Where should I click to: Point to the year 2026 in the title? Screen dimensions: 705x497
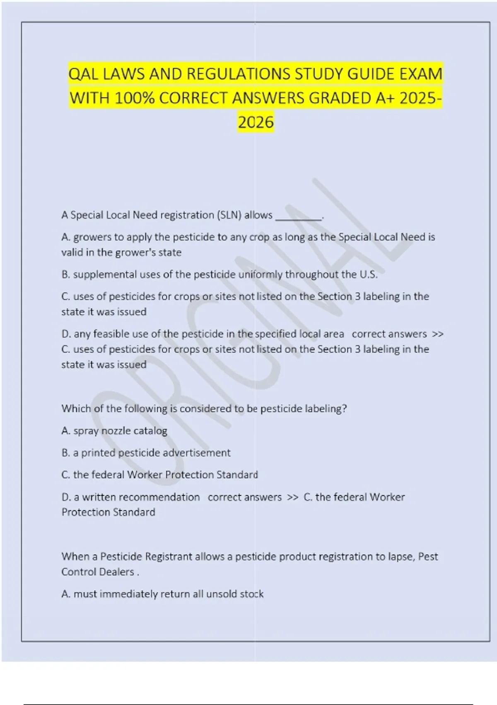(256, 122)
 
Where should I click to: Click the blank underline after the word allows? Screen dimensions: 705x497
(298, 216)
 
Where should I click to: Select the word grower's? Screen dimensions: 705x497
(160, 252)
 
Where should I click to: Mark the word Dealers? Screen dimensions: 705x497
(116, 572)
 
